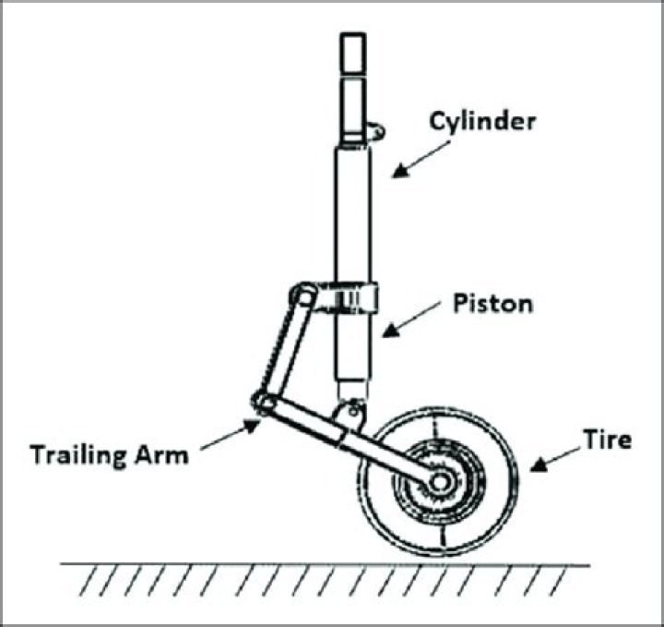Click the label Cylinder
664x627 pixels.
point(482,123)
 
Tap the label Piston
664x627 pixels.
point(492,304)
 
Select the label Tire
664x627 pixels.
point(608,440)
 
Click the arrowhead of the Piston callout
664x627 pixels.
point(391,331)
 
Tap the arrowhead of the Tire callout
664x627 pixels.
point(539,465)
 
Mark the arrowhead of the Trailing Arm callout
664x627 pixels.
point(252,425)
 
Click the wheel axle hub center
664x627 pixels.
point(440,482)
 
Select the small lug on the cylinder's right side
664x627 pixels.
point(375,131)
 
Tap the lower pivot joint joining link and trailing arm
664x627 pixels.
point(264,403)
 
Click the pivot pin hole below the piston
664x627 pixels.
point(352,410)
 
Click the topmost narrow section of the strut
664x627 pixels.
point(352,54)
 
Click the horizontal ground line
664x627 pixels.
point(325,565)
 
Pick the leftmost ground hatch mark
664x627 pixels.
point(89,582)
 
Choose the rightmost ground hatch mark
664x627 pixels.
point(558,582)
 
